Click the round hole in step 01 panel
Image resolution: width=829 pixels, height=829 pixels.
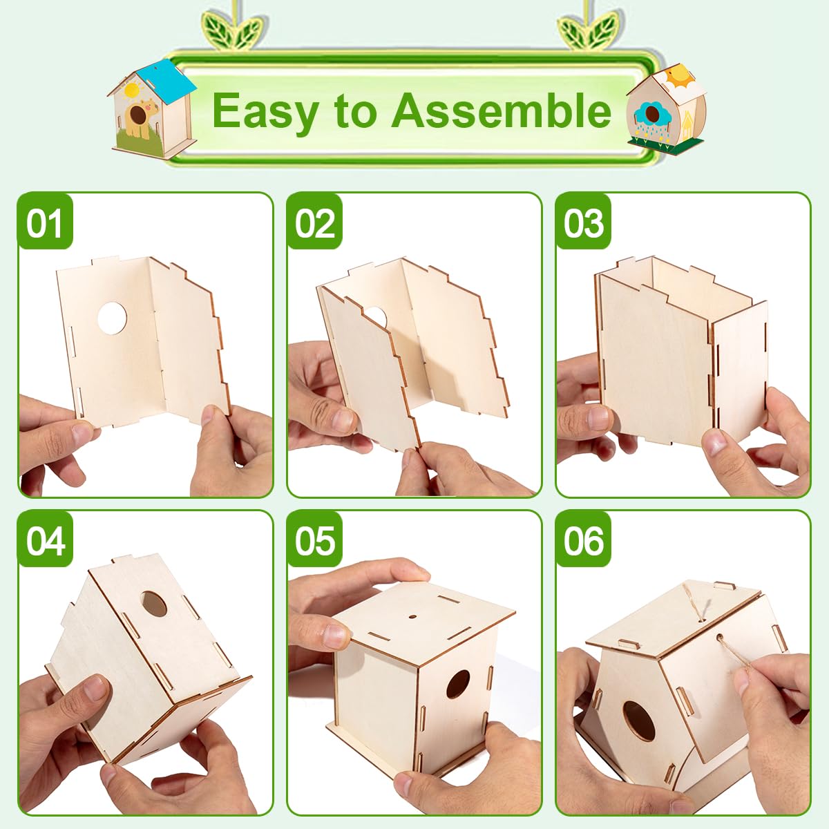(x=112, y=318)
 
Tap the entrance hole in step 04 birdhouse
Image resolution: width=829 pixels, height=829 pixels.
(x=154, y=604)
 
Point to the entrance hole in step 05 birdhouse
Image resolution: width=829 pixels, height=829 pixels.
(x=457, y=683)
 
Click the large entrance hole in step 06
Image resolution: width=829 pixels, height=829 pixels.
(x=639, y=721)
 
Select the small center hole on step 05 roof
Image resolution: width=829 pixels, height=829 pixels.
(x=412, y=617)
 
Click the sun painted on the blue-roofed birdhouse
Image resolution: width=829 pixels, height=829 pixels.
(x=131, y=90)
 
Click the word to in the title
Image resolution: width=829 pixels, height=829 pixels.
(x=354, y=111)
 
